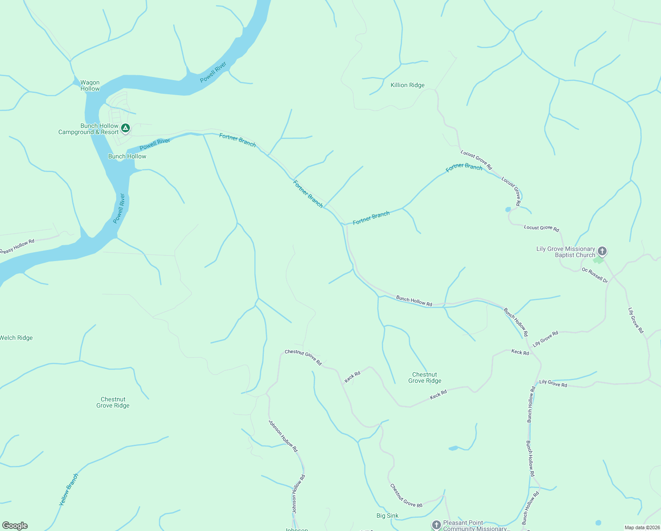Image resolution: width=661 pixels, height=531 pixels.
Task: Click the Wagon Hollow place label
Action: pos(90,85)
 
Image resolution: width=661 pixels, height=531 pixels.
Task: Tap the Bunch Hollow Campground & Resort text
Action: pos(88,129)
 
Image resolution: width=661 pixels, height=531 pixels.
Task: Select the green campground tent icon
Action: pos(125,128)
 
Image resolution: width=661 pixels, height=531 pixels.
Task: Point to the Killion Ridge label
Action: pos(407,85)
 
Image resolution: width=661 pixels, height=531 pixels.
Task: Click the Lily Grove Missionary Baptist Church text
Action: pos(566,252)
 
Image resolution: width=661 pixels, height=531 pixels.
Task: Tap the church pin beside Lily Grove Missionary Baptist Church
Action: pos(602,251)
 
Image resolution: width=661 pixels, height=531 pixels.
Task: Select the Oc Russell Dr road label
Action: pos(595,275)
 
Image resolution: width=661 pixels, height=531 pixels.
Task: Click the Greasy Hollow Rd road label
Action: pos(17,247)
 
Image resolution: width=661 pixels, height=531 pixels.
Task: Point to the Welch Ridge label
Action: pos(16,338)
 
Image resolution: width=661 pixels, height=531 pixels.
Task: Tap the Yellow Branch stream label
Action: pos(69,489)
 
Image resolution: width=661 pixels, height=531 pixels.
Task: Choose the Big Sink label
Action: pos(387,516)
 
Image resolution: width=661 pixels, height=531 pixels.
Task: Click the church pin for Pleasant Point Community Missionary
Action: pos(436,525)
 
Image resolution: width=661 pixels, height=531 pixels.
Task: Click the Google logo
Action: pos(15,526)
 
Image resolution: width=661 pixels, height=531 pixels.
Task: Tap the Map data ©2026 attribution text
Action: pos(642,527)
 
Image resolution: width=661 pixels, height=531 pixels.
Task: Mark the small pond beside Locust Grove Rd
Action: pos(508,210)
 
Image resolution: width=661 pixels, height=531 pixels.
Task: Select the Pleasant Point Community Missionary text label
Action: pos(475,526)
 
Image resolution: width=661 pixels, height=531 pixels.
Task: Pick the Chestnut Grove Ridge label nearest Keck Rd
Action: pos(425,377)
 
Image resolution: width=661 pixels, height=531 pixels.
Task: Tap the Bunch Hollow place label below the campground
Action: pos(127,156)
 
